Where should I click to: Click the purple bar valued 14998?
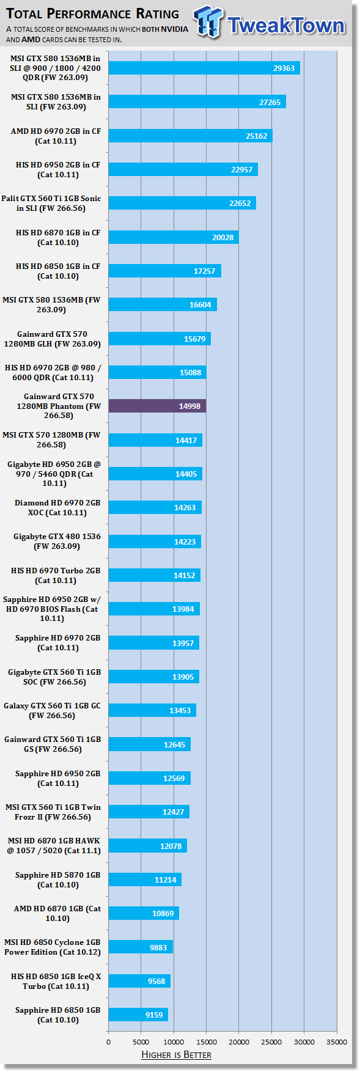coord(157,406)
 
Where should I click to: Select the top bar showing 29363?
coord(204,68)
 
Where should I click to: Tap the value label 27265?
coord(270,102)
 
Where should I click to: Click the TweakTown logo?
coord(270,23)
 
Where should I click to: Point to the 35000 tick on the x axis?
coord(337,1042)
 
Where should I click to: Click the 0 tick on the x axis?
coord(109,1042)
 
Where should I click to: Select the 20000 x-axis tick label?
coord(239,1042)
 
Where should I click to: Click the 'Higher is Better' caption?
coord(176,1055)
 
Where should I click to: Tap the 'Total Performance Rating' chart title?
coord(93,13)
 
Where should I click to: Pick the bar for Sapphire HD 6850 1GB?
coord(138,1015)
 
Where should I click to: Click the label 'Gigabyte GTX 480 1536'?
coord(57,542)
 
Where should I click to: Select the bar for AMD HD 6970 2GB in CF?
coord(190,136)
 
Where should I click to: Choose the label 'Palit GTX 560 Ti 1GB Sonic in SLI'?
coord(51,204)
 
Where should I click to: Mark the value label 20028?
coord(223,237)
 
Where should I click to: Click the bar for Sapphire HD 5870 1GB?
coord(145,879)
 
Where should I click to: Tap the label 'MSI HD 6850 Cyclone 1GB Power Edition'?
coord(53,947)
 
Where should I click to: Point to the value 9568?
coord(156,981)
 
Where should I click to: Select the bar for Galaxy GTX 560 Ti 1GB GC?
coord(152,710)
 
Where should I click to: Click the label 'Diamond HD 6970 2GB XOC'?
coord(57,508)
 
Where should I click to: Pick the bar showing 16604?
coord(163,304)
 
